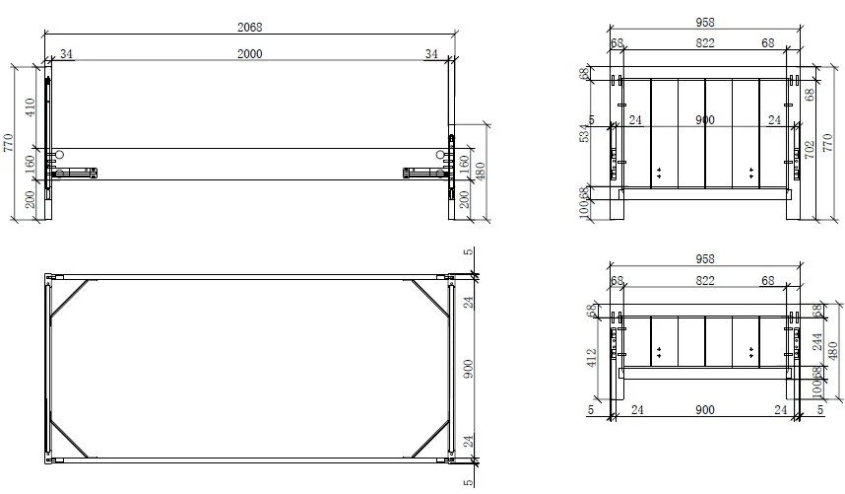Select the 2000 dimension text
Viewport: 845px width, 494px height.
[x=250, y=55]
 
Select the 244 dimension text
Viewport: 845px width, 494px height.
[x=816, y=340]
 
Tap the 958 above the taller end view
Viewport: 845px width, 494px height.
[x=704, y=22]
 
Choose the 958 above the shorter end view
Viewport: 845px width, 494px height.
[x=704, y=259]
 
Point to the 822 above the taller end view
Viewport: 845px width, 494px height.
[x=704, y=42]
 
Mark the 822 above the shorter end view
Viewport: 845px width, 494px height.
[x=704, y=280]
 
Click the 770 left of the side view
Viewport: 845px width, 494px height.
[x=9, y=144]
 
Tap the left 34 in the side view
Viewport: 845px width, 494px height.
[x=66, y=55]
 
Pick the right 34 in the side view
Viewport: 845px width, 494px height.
[x=431, y=55]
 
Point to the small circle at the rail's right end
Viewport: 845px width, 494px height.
[x=438, y=156]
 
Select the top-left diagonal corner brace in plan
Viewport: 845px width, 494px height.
[x=70, y=298]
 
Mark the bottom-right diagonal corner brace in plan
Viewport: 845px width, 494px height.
[x=428, y=440]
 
